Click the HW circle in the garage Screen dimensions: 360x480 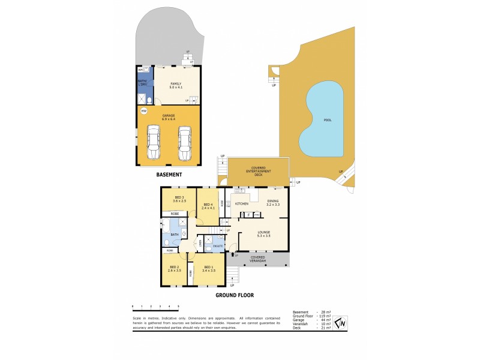(144, 111)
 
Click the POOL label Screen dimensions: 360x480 (327, 120)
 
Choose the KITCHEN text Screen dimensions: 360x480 (242, 205)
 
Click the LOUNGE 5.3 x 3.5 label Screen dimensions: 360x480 (263, 234)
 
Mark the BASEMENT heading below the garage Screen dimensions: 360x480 (169, 175)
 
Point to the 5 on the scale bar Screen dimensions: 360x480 (178, 306)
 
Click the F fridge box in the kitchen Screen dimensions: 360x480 (248, 214)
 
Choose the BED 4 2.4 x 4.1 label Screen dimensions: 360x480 (208, 199)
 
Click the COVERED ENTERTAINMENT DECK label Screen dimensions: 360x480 (259, 170)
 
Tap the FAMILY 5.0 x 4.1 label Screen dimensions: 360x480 (176, 86)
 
